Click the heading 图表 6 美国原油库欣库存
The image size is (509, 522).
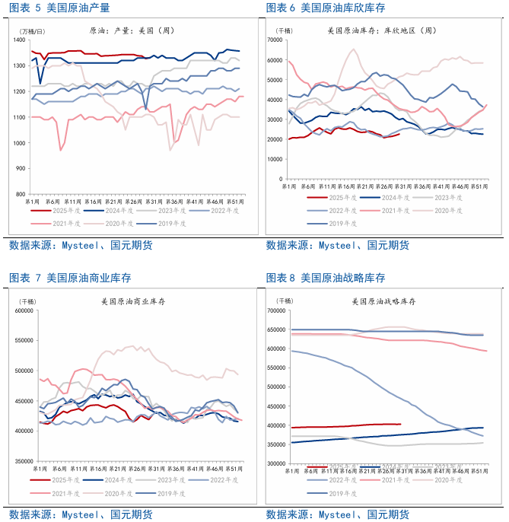pos(325,8)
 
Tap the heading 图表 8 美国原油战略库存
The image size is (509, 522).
pos(325,278)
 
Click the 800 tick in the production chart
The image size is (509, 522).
pos(24,194)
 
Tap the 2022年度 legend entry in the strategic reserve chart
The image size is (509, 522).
pos(339,480)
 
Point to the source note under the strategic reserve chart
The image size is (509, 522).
pos(337,514)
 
